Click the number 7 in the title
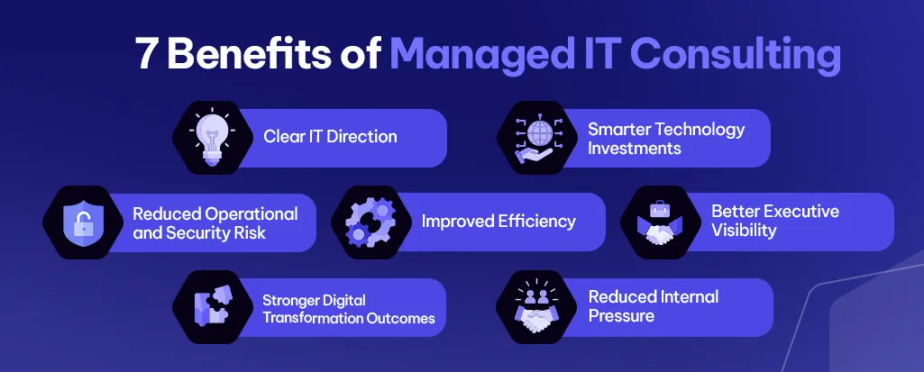(146, 55)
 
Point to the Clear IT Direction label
(330, 137)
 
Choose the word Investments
(635, 148)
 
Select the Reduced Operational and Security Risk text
(215, 222)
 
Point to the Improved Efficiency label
(499, 222)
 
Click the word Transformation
(308, 318)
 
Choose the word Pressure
(621, 316)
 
